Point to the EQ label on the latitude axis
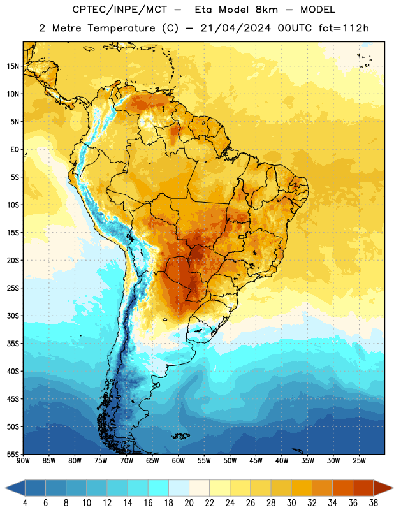pos(15,150)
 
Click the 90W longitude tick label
pos(23,461)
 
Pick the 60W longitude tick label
pos(179,461)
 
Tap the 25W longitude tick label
pos(359,461)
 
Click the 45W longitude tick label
pos(256,461)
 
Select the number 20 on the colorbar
pos(189,503)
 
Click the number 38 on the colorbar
pos(373,503)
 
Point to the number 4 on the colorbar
pos(25,503)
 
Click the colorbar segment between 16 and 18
pos(159,488)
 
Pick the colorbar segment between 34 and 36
pos(342,488)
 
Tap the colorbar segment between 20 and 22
pos(200,488)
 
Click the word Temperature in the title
pos(121,28)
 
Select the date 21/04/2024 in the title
pos(235,28)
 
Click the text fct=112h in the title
pos(344,28)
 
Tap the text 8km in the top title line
pos(266,10)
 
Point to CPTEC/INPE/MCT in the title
pos(120,10)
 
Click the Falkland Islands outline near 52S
pos(181,436)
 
